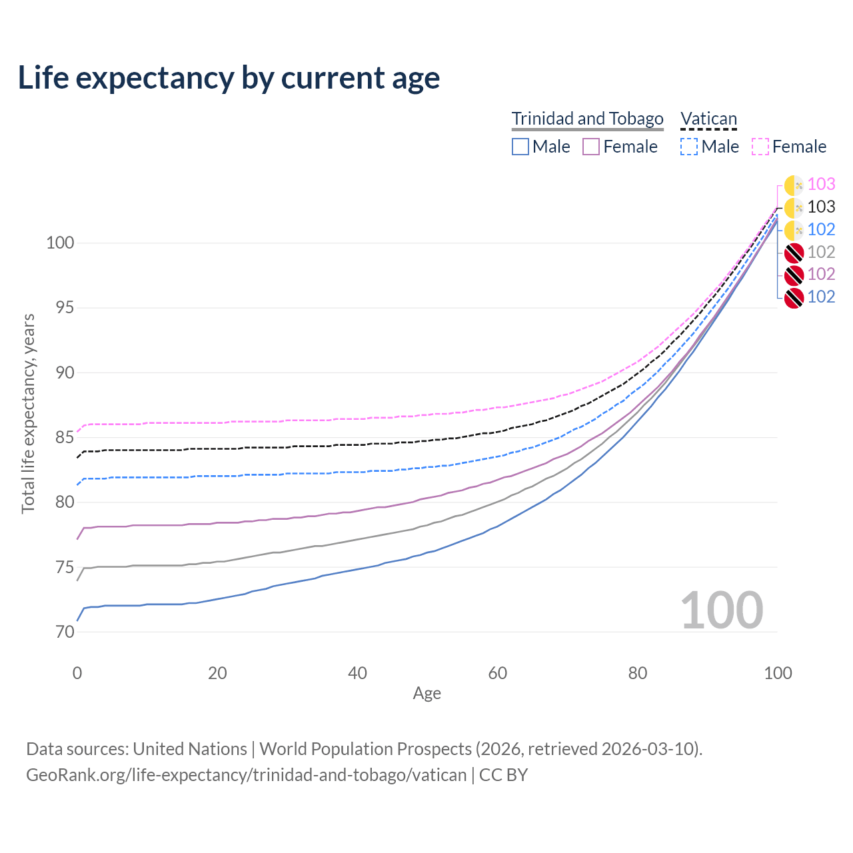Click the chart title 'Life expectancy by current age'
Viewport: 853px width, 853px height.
tap(229, 78)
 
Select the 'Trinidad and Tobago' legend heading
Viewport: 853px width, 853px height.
tap(587, 119)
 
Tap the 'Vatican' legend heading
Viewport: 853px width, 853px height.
tap(708, 119)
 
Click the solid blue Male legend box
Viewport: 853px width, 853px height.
tap(520, 147)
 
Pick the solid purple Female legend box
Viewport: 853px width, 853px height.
tap(591, 147)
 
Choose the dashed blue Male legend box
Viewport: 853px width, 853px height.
tap(689, 147)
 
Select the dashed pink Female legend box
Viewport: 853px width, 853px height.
tap(760, 147)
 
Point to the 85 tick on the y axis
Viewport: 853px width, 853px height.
tap(65, 437)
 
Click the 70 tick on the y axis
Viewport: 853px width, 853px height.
tap(65, 632)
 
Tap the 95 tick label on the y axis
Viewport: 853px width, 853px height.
tap(65, 308)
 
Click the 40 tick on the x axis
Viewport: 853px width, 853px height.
tap(357, 673)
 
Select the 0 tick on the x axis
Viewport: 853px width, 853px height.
tap(77, 673)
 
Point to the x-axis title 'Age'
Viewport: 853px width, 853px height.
tap(426, 694)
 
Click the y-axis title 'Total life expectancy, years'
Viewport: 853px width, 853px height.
tap(28, 414)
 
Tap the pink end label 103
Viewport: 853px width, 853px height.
tap(821, 184)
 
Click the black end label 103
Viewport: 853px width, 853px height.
tap(821, 207)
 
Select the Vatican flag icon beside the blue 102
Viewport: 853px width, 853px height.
tap(794, 230)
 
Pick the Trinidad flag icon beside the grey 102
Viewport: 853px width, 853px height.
tap(794, 253)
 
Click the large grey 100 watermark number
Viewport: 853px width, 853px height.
tap(722, 610)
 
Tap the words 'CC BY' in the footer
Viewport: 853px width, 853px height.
tap(503, 775)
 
